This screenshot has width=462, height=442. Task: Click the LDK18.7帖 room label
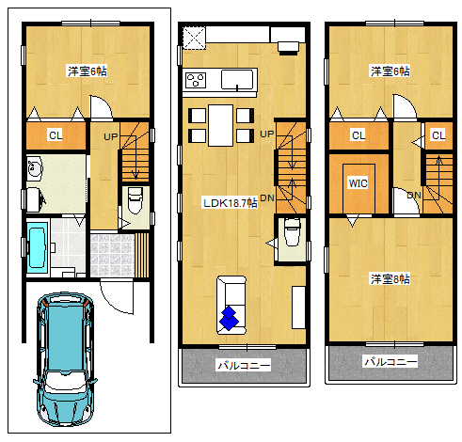click(231, 203)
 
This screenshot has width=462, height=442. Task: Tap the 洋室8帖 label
click(390, 278)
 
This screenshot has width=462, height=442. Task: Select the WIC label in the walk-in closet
click(358, 183)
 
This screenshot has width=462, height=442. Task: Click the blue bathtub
click(37, 247)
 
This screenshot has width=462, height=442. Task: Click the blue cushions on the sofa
click(229, 318)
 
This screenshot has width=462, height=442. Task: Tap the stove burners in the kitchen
click(196, 80)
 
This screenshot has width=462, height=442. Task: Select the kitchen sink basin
click(237, 79)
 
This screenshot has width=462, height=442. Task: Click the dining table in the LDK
click(220, 125)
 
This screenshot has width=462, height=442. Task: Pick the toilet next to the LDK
click(293, 232)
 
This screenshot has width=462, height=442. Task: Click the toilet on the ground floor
click(135, 200)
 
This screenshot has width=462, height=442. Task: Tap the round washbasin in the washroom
click(33, 168)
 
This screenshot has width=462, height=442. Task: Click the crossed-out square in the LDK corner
click(194, 38)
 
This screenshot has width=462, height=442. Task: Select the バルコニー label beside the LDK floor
click(244, 365)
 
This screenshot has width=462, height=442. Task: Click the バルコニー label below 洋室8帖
click(390, 361)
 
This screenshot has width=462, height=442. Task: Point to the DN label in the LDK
click(267, 197)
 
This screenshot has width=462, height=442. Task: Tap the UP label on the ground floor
click(111, 136)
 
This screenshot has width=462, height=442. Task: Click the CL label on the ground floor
click(56, 135)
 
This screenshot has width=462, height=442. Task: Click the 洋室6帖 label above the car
click(88, 71)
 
